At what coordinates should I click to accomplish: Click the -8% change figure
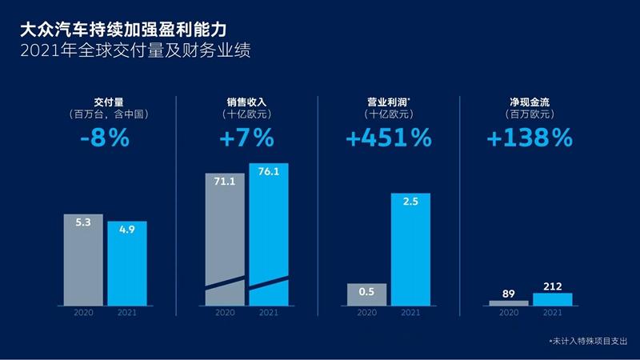[x=105, y=138]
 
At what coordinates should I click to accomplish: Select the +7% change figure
[x=246, y=138]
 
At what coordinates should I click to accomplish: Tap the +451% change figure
[x=389, y=138]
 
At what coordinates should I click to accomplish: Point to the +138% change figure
[x=529, y=138]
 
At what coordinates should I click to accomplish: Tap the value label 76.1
[x=269, y=173]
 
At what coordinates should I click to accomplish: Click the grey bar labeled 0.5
[x=367, y=294]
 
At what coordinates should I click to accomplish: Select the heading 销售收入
[x=246, y=102]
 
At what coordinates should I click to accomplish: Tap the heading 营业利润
[x=387, y=102]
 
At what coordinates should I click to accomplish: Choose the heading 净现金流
[x=529, y=102]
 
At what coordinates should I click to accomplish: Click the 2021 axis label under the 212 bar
[x=553, y=313]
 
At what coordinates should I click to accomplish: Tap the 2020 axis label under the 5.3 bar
[x=84, y=313]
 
